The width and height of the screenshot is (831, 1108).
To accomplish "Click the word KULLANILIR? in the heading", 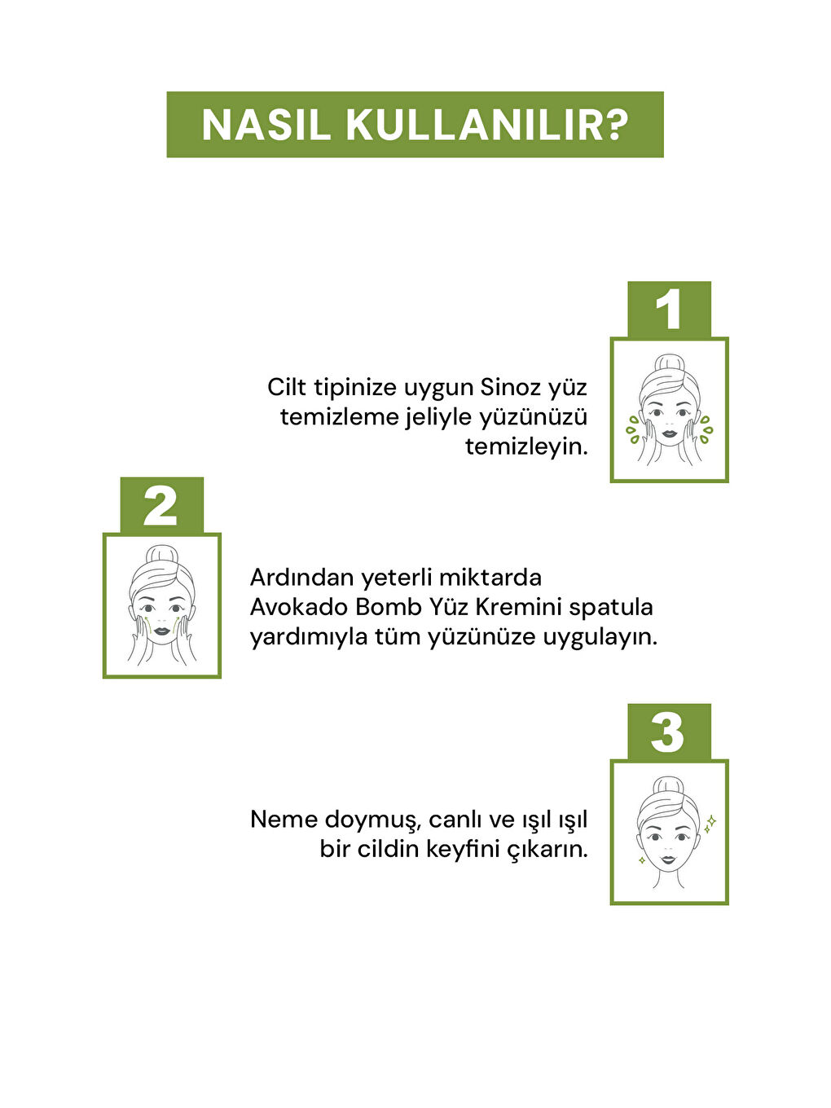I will [487, 125].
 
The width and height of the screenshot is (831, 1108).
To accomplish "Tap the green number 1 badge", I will [669, 310].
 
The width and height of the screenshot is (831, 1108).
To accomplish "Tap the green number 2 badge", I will [161, 506].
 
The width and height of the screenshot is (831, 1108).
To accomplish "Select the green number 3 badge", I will [669, 732].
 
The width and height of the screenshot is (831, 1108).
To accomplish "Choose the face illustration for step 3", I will [669, 833].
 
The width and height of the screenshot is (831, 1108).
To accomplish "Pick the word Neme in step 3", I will [284, 819].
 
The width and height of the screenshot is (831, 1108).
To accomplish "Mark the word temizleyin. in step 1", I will [526, 446].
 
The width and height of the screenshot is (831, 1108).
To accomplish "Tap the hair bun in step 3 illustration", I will [669, 787].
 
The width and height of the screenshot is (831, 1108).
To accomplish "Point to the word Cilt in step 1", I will [287, 387].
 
